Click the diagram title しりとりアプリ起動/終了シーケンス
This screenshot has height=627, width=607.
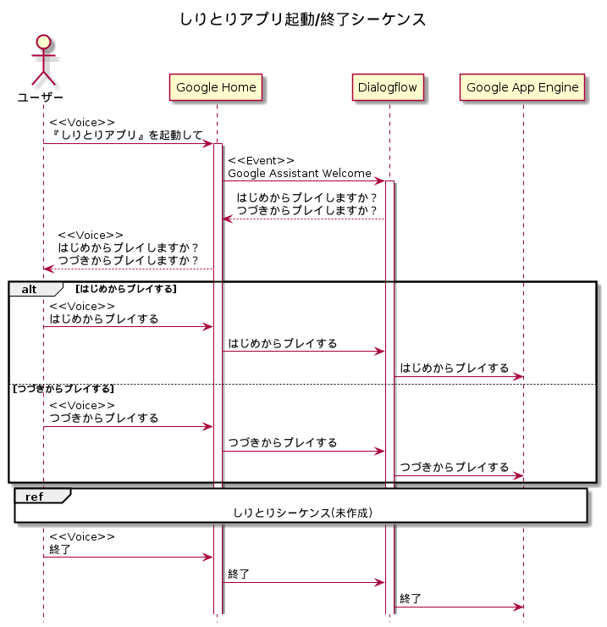[303, 19]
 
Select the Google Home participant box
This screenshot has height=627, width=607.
[216, 87]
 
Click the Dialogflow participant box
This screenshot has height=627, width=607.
[389, 87]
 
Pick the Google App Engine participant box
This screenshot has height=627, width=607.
[522, 87]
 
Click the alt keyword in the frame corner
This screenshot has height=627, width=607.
[30, 289]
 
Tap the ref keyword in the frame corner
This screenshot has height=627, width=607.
[35, 496]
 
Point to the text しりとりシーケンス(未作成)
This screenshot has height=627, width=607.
[302, 513]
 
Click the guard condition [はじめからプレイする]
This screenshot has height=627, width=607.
[126, 289]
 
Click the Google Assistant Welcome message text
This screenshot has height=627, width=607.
[299, 173]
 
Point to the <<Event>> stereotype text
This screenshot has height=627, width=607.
[261, 160]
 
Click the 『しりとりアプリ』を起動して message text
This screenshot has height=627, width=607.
[126, 136]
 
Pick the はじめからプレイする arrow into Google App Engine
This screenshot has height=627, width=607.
[458, 376]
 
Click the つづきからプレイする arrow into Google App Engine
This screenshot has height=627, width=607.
[458, 475]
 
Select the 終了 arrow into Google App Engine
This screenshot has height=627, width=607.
[458, 607]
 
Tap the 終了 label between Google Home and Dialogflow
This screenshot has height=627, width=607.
[239, 574]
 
